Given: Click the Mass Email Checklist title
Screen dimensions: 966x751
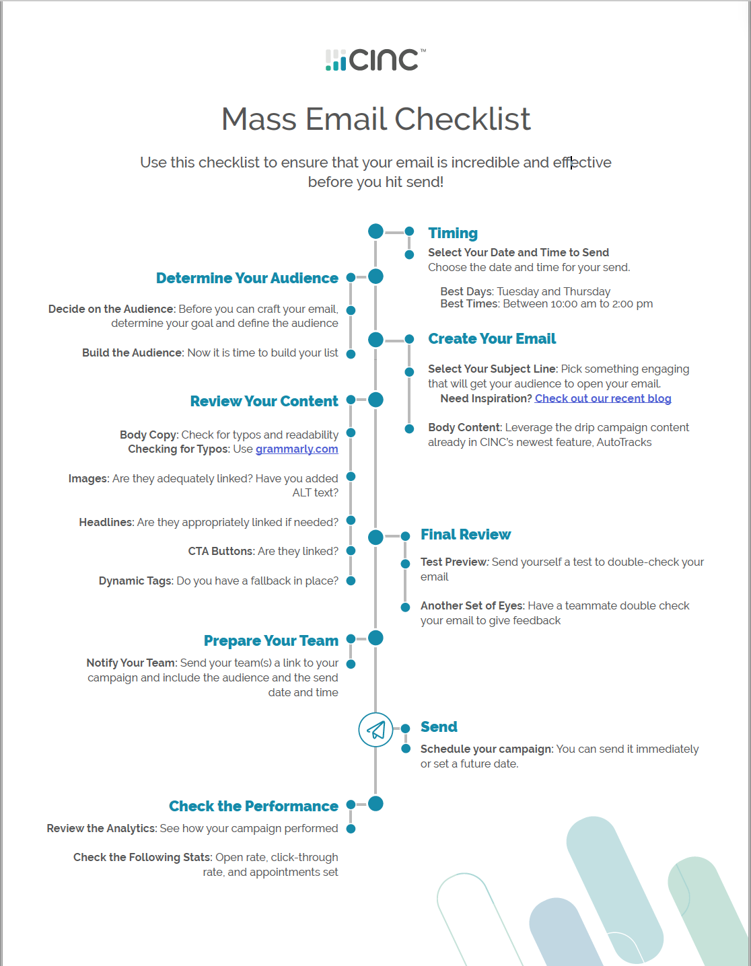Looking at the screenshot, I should [375, 119].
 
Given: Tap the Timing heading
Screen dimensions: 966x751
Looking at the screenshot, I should [453, 233].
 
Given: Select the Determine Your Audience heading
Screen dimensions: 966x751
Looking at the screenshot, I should [247, 278].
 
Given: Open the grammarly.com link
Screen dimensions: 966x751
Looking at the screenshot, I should [297, 449].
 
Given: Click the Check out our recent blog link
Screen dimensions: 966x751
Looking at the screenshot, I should [603, 398].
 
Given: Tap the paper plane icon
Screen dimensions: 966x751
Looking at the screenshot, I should [375, 730].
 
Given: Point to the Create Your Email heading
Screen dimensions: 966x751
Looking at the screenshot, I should [492, 338].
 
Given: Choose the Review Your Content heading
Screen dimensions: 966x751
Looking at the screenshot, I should [264, 401].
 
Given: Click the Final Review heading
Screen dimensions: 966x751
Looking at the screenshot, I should [466, 534].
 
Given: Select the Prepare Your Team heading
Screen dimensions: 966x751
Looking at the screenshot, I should [271, 640].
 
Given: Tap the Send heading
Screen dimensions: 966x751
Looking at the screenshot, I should [439, 727].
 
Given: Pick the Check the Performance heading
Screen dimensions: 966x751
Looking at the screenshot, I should [253, 806].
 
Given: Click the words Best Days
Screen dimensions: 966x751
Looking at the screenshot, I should [466, 291].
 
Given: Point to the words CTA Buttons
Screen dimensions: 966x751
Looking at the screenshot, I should [221, 551].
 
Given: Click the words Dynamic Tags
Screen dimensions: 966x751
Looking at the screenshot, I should [136, 581].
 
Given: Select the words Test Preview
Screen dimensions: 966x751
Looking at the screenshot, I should [454, 562].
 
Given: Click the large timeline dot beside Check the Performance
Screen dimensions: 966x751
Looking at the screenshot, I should [375, 803].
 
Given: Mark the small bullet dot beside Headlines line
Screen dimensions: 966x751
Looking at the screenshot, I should [351, 520].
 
